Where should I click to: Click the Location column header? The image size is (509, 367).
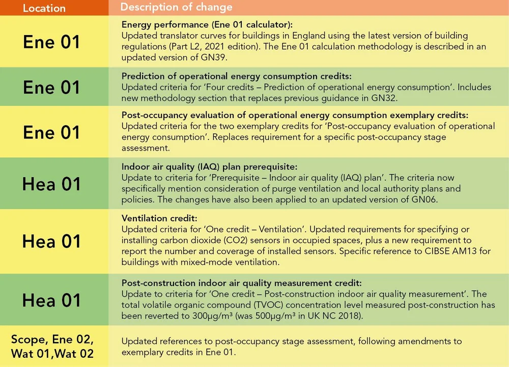[44, 8]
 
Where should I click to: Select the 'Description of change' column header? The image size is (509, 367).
[176, 7]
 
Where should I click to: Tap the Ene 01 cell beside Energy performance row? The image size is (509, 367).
[51, 42]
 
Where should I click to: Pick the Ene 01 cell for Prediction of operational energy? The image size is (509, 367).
[51, 87]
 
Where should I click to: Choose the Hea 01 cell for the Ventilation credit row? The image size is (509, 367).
[51, 241]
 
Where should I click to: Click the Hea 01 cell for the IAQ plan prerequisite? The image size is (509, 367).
[51, 184]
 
